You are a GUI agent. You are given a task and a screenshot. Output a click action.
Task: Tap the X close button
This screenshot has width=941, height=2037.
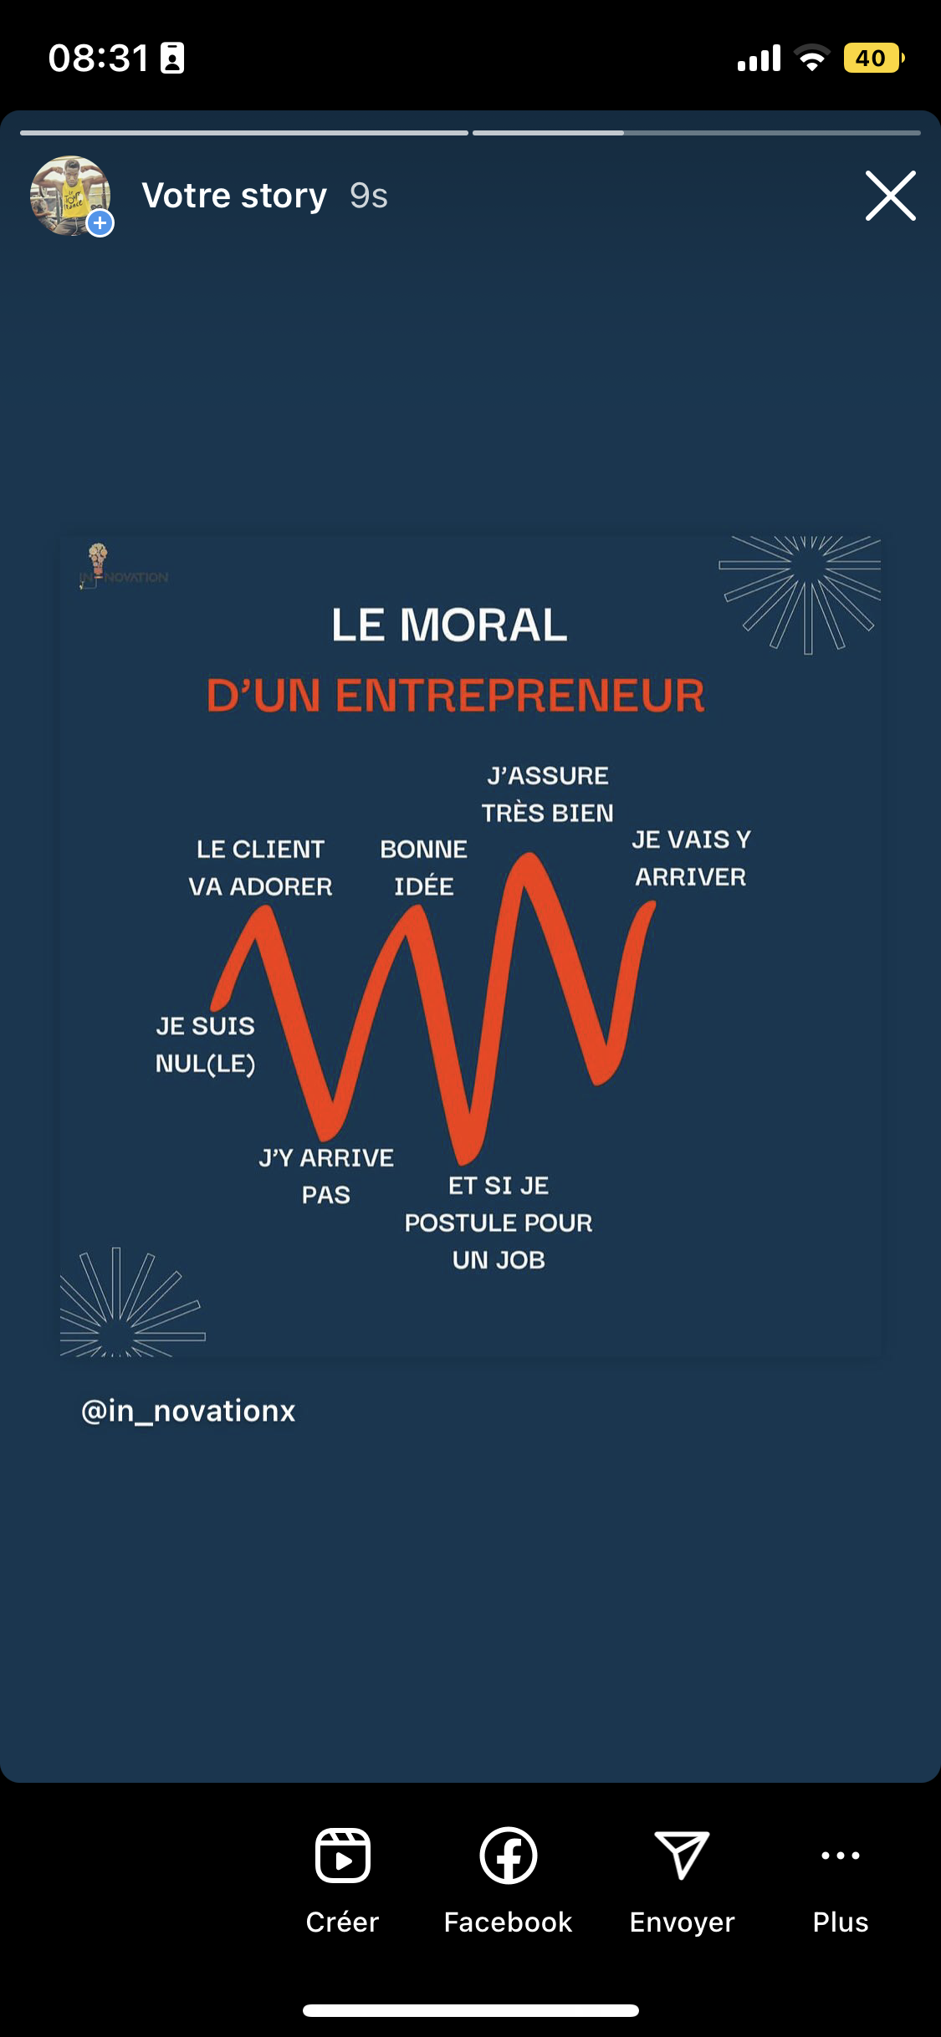click(x=890, y=196)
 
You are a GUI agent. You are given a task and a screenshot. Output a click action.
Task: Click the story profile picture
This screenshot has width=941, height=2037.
click(x=70, y=196)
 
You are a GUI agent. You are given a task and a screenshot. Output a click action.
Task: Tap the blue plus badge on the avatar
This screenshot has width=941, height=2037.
click(x=100, y=223)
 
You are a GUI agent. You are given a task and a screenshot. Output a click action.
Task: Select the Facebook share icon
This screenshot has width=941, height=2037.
click(x=508, y=1856)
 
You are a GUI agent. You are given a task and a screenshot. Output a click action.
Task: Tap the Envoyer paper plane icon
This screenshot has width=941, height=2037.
click(x=682, y=1856)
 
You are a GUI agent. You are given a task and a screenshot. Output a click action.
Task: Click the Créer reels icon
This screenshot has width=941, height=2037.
click(x=342, y=1856)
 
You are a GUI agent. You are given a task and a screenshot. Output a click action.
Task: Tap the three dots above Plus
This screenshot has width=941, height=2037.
click(x=840, y=1856)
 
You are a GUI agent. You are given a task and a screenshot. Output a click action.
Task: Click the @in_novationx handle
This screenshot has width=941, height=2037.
click(x=188, y=1411)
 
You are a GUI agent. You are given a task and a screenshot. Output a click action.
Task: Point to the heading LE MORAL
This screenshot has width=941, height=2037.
click(x=449, y=625)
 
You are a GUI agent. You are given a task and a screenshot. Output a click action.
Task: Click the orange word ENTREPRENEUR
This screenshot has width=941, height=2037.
click(x=519, y=696)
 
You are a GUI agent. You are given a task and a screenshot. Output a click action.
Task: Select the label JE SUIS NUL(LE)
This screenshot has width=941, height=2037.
click(x=205, y=1044)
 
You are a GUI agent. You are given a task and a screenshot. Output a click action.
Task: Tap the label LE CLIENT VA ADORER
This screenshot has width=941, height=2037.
click(x=260, y=868)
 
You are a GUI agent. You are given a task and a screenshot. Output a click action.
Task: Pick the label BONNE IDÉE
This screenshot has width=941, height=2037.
click(x=424, y=868)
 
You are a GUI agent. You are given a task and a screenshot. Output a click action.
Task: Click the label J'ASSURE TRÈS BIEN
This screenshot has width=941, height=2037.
click(x=548, y=794)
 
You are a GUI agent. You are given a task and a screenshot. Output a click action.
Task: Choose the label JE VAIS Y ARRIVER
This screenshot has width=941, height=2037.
click(x=691, y=858)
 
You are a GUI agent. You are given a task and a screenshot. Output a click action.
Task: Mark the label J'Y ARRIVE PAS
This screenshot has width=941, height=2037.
click(x=326, y=1176)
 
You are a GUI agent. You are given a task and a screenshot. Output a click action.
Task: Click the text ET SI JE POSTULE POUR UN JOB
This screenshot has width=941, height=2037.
click(x=499, y=1223)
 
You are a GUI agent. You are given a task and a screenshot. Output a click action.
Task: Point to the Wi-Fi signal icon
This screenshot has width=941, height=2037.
click(x=811, y=58)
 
